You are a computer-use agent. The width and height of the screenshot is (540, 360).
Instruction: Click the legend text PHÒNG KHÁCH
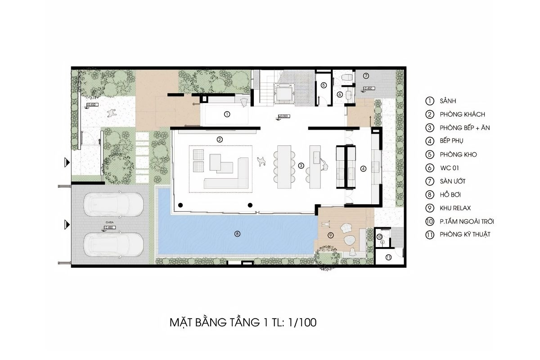point(463,114)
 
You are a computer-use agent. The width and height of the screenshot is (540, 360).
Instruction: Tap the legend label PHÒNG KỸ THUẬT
point(465,234)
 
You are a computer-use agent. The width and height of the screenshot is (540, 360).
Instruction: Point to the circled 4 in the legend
point(430,141)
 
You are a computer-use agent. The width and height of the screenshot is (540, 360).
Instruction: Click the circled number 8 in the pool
point(238,233)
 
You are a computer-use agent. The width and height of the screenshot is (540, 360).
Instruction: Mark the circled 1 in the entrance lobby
point(227,114)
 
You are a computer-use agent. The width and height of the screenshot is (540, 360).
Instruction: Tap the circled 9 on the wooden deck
point(330,235)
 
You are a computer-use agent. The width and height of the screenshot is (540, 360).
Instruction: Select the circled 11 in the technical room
point(388,257)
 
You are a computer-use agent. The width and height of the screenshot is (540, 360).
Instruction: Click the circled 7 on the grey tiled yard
point(366,76)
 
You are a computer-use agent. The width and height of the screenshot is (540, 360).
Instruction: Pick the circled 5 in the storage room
point(323,85)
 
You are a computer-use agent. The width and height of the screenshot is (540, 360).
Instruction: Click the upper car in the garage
point(115,206)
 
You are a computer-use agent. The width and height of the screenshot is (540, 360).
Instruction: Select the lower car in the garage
point(115,245)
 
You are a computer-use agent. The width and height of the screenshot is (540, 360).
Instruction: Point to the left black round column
point(180,205)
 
